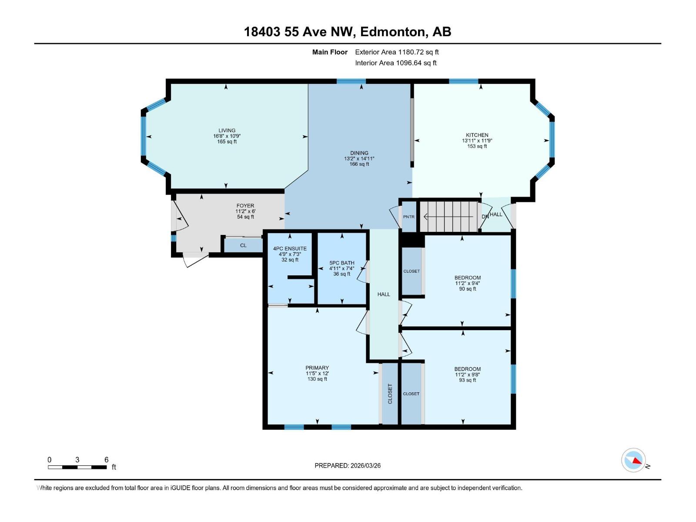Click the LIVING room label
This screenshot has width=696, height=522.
pyautogui.click(x=227, y=130)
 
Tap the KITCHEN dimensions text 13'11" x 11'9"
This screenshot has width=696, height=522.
pyautogui.click(x=477, y=141)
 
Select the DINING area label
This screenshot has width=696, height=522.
pyautogui.click(x=359, y=153)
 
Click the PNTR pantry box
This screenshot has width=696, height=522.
pyautogui.click(x=409, y=217)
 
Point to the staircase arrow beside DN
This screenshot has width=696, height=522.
pyautogui.click(x=448, y=216)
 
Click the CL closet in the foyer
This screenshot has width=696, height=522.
pyautogui.click(x=243, y=245)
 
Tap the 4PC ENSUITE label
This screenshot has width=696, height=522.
pyautogui.click(x=290, y=249)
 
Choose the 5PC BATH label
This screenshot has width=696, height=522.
pyautogui.click(x=342, y=263)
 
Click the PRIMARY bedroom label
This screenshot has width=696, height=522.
pyautogui.click(x=317, y=368)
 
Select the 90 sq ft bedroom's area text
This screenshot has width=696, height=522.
pyautogui.click(x=468, y=289)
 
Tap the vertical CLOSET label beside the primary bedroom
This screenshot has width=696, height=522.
pyautogui.click(x=390, y=393)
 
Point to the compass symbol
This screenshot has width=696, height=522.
pyautogui.click(x=633, y=460)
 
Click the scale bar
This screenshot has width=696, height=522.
pyautogui.click(x=77, y=467)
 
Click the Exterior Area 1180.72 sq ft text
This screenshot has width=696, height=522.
pyautogui.click(x=397, y=52)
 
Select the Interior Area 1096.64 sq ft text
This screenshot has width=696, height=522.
pyautogui.click(x=395, y=63)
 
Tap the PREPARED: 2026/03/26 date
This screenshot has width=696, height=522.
pyautogui.click(x=348, y=465)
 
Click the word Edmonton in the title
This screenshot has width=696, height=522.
pyautogui.click(x=392, y=32)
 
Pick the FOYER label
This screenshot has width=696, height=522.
pyautogui.click(x=245, y=206)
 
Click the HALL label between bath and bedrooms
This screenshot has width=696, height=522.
pyautogui.click(x=384, y=294)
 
